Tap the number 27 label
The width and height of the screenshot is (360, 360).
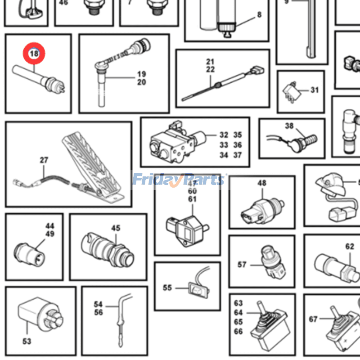(x=44, y=160)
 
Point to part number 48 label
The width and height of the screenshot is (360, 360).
(x=262, y=183)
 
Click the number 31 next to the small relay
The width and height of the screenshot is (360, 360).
(x=314, y=90)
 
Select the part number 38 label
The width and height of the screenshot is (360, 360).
(x=289, y=126)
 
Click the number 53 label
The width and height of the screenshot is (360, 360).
(x=27, y=342)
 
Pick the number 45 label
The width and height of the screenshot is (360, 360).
(x=116, y=228)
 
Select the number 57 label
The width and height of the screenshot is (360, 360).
(x=242, y=265)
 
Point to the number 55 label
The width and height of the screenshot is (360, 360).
(x=167, y=288)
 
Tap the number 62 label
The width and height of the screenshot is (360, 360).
(x=350, y=247)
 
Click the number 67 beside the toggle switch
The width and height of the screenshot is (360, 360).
(x=313, y=319)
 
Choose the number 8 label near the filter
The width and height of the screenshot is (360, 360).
(x=259, y=15)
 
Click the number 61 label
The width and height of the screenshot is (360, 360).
(x=193, y=199)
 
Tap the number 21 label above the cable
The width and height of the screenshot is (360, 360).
(x=210, y=61)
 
